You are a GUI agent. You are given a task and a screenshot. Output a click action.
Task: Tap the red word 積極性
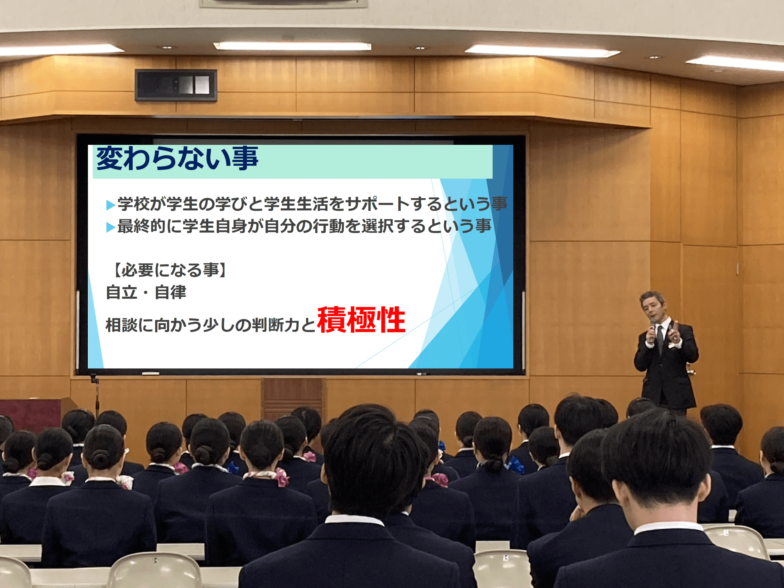tap(361, 320)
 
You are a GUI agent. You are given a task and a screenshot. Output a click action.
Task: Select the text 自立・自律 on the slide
tap(146, 292)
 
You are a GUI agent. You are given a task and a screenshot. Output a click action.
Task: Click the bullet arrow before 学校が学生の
tap(110, 205)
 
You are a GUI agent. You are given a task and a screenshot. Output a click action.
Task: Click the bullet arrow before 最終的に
tap(110, 227)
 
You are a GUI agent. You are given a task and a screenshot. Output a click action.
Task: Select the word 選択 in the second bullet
tap(378, 226)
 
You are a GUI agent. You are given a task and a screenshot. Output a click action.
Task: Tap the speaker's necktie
tap(660, 338)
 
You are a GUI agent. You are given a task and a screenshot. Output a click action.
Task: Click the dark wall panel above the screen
tap(176, 85)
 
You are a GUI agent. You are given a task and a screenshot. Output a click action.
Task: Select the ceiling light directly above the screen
tap(292, 46)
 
